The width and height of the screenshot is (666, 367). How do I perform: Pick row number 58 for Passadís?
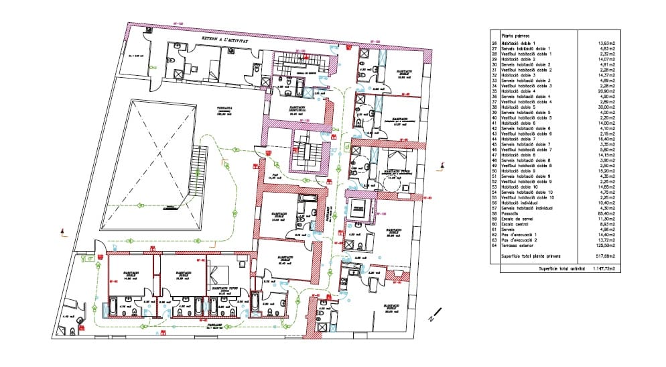tap(494, 213)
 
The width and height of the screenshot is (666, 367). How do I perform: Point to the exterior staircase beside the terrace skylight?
tap(198, 171)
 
